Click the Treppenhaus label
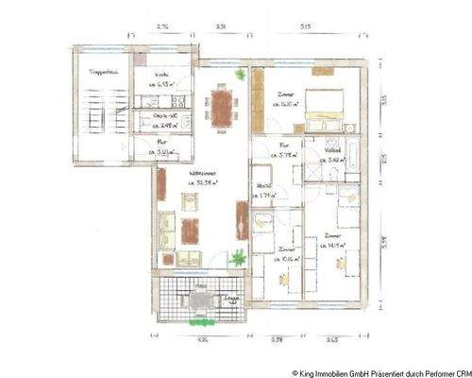[101, 73]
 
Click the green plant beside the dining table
[242, 75]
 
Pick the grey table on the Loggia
[200, 300]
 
